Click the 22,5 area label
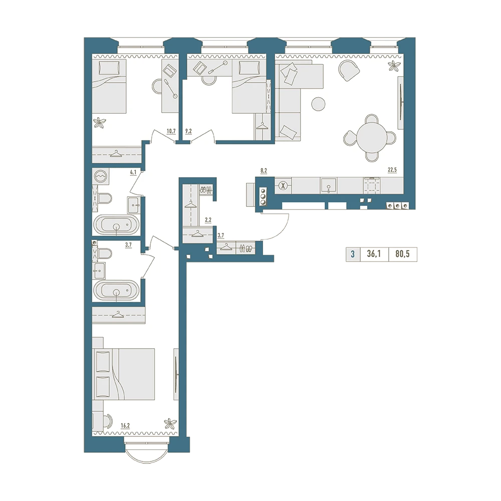tap(392, 170)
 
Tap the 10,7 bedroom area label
tap(171, 131)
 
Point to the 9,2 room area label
tap(188, 131)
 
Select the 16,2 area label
tap(125, 425)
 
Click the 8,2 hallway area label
tap(264, 171)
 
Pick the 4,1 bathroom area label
tap(133, 172)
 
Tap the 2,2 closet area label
tap(208, 220)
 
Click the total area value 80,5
tap(402, 255)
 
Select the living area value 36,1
tap(374, 255)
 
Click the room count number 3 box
tap(353, 255)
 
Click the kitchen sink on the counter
tap(329, 186)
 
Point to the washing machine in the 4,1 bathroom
tap(101, 176)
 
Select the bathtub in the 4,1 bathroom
tap(116, 224)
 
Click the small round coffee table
tap(318, 104)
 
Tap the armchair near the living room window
tap(349, 71)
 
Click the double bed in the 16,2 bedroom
tap(123, 374)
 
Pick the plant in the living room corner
tap(394, 66)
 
